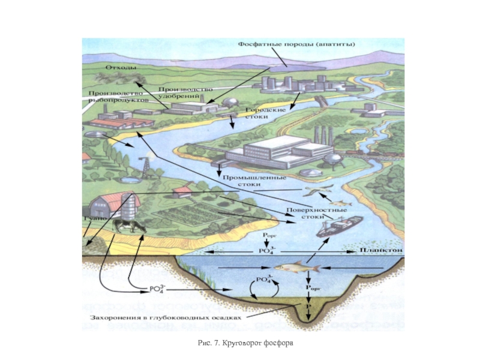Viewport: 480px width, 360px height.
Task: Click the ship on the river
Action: coord(340,224)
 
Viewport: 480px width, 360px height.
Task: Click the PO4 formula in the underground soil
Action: coord(156,290)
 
